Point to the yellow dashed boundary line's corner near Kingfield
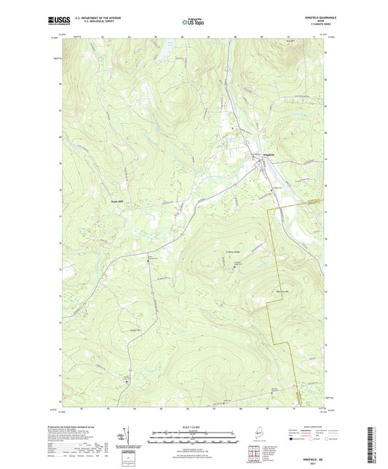271,210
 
